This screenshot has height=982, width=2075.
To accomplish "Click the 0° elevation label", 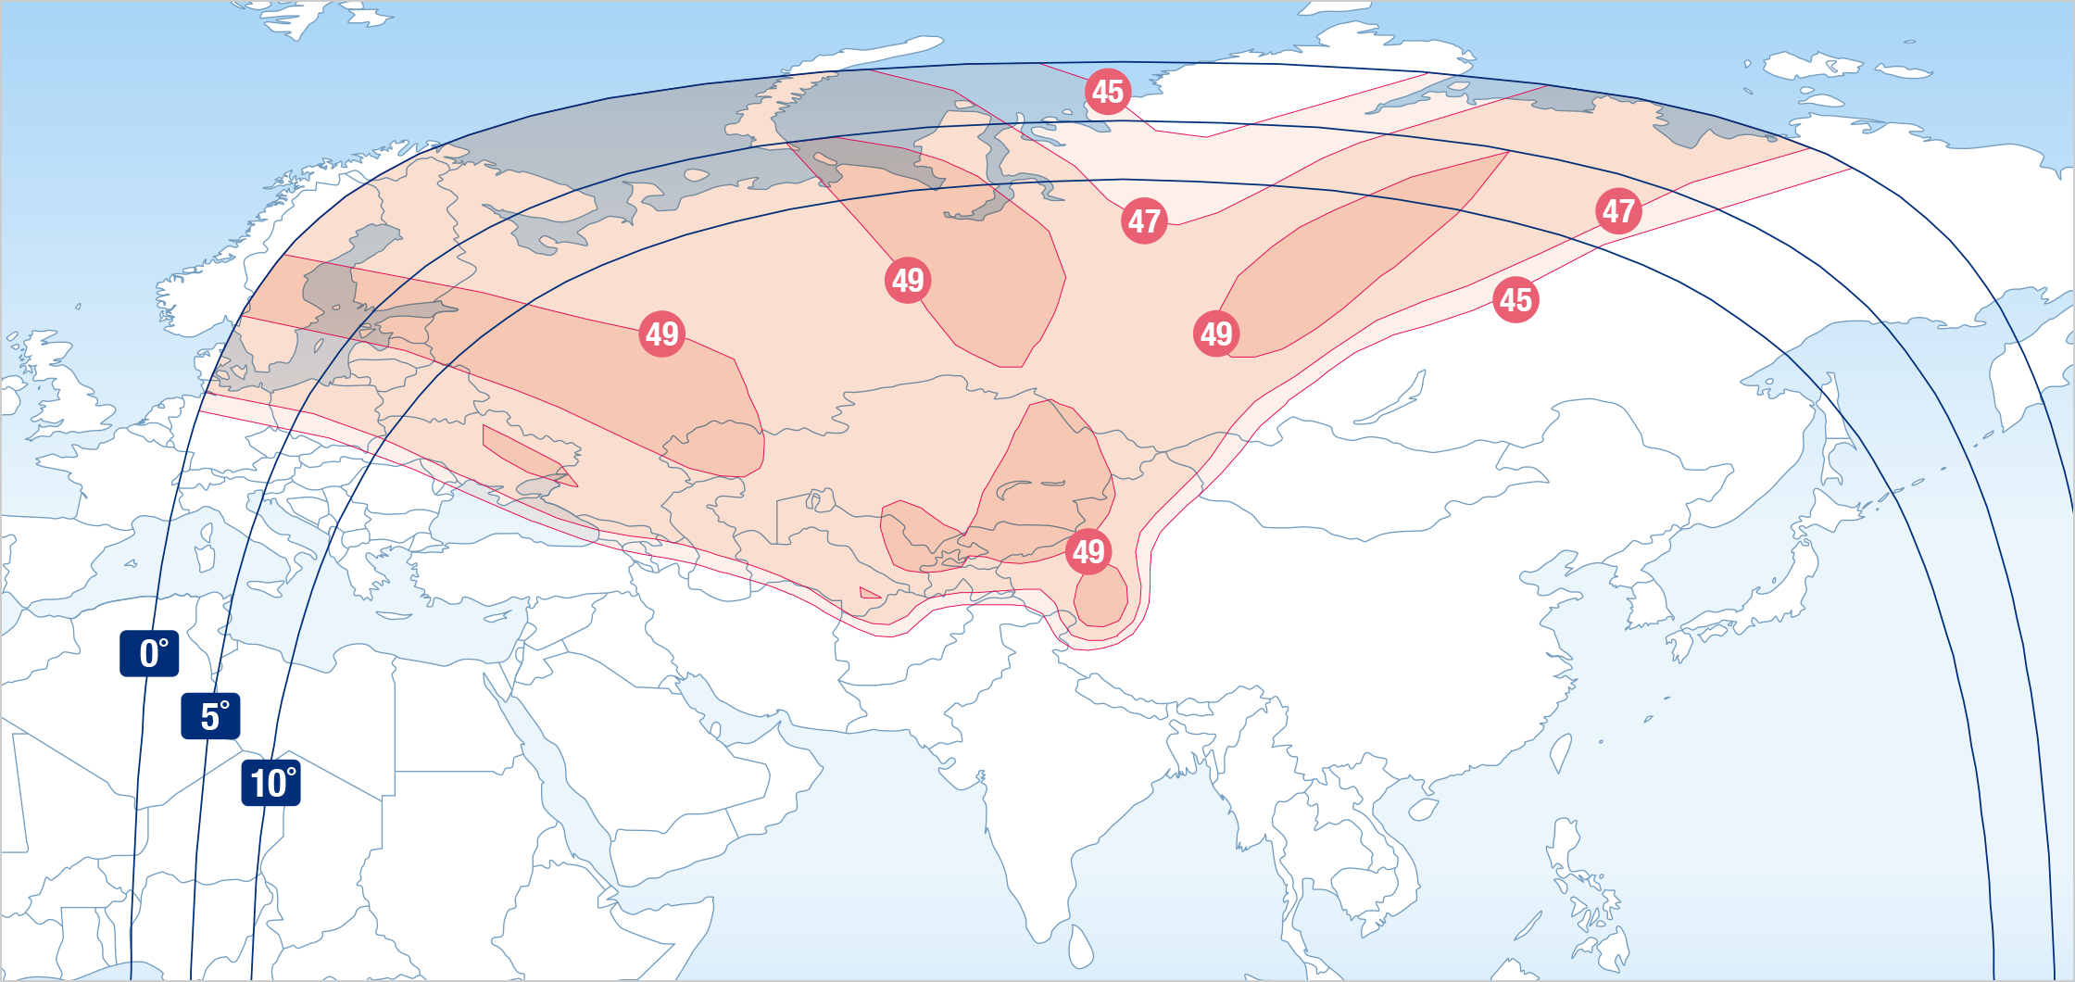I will pos(149,653).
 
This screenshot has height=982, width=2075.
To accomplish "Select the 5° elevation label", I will pos(210,716).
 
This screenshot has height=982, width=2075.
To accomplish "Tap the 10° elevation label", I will pos(270,783).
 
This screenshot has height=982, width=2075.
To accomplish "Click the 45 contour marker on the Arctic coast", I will pos(1108,92).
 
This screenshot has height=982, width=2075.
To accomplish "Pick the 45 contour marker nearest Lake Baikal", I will pos(1515,299).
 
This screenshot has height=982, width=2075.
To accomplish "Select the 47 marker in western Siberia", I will pos(1144,220).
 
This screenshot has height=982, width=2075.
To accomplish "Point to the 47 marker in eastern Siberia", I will pos(1618,210).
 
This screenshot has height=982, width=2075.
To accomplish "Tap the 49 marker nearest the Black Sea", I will pos(662,334).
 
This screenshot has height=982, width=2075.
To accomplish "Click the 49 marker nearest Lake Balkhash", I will pos(1088,551).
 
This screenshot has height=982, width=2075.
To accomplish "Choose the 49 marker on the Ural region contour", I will pos(908,280).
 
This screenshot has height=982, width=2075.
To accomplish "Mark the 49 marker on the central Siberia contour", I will pos(1216,334).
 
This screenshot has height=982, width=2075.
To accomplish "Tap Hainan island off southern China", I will pos(1423,809).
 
